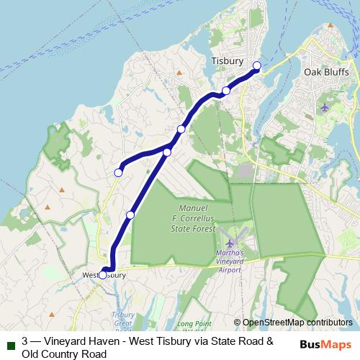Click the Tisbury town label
[x=228, y=61]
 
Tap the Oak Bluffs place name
[x=326, y=73]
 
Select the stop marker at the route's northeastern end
[x=257, y=66]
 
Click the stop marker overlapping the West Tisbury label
[x=102, y=275]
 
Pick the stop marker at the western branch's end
[x=118, y=172]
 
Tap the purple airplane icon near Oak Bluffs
[x=325, y=107]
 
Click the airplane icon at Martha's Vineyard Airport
[x=230, y=243]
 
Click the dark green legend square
[x=11, y=343]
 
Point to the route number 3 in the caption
[x=25, y=342]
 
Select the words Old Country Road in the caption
[x=65, y=354]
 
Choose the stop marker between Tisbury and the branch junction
[x=226, y=91]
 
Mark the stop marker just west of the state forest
[x=130, y=215]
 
